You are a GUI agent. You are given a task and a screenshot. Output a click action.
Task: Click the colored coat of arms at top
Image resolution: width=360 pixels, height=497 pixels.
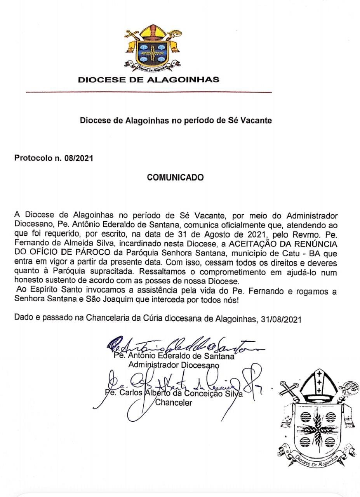click(x=151, y=48)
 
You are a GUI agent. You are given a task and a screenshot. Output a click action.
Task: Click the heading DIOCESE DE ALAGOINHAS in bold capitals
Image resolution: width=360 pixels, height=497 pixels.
click(x=149, y=80)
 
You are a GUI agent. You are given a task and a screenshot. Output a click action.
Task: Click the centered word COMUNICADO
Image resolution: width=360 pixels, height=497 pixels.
click(x=175, y=177)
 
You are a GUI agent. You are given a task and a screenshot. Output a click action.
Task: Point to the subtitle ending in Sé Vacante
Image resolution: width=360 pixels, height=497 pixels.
click(x=176, y=120)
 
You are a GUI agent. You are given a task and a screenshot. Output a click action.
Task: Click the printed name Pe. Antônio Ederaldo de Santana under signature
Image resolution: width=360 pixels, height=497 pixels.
click(x=173, y=356)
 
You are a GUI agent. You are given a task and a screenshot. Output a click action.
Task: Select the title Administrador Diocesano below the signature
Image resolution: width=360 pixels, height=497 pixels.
click(x=174, y=365)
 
